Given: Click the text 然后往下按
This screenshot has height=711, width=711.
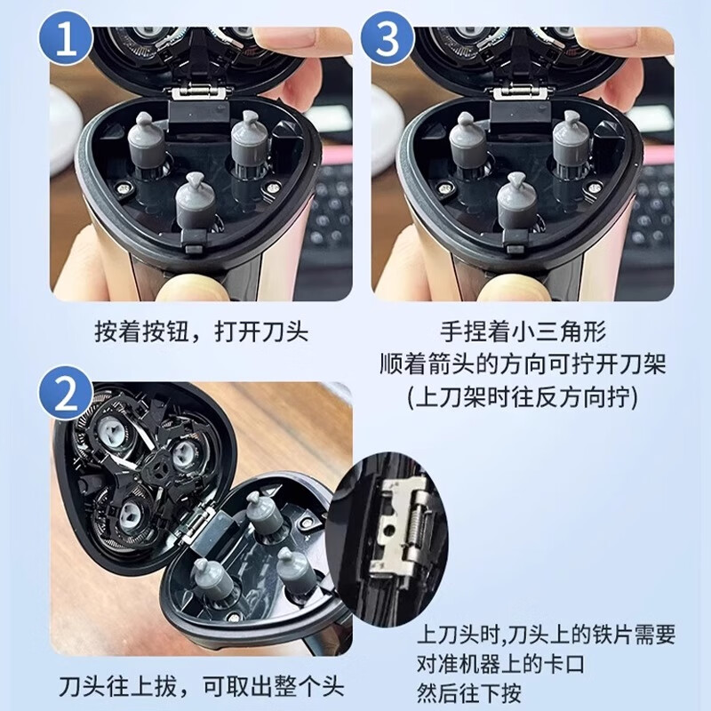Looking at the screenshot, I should [470, 692].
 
